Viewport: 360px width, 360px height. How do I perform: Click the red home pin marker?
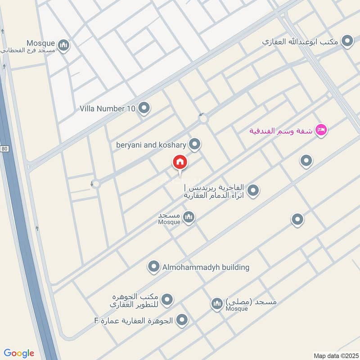180,162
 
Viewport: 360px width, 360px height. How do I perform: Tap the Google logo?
19,353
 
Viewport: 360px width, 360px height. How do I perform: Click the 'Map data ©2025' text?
335,355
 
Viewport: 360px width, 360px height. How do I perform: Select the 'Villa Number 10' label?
108,108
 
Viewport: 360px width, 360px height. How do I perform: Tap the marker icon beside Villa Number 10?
144,108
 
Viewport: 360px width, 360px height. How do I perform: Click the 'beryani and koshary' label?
151,144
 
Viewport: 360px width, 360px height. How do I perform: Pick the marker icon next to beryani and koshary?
194,144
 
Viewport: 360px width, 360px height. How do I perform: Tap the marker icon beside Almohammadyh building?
154,267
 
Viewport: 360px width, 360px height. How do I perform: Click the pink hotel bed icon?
321,130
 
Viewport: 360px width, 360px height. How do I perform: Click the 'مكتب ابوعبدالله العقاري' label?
299,42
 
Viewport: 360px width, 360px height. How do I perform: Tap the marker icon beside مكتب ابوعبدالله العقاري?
347,41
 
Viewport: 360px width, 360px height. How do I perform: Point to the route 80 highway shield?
4,149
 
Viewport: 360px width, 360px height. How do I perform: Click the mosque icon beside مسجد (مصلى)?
217,304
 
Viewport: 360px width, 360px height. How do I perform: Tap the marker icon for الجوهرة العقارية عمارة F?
182,320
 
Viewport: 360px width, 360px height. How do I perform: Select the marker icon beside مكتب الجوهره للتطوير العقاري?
167,299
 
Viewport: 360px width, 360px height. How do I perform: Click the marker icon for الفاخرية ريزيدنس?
253,190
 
